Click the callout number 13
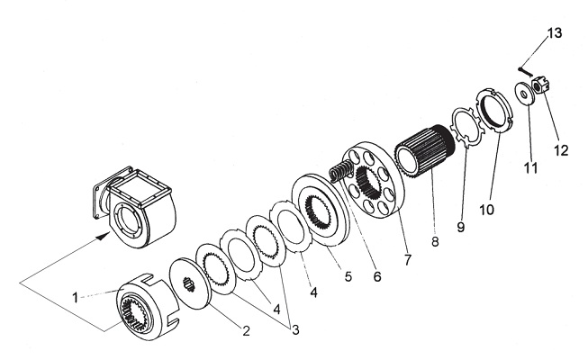point(555,33)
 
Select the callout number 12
point(561,150)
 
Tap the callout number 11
point(530,167)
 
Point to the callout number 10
point(487,209)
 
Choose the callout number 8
point(435,242)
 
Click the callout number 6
point(377,276)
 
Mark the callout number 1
point(75,298)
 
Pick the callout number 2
point(246,331)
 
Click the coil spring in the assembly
point(341,169)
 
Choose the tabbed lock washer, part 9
point(466,128)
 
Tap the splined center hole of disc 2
point(189,283)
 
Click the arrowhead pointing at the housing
point(103,236)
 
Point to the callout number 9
point(461,226)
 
